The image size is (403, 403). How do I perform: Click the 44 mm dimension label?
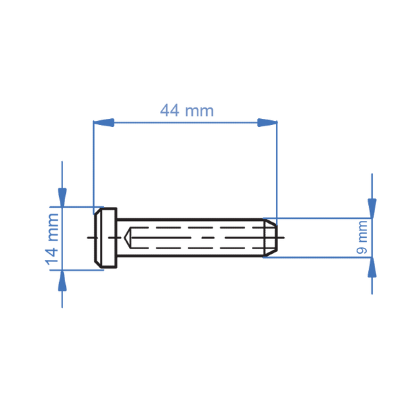tap(187, 111)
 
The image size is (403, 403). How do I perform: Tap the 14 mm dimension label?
tap(52, 239)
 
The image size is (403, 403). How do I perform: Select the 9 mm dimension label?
tap(362, 237)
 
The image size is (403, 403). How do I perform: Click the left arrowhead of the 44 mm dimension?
tap(103, 123)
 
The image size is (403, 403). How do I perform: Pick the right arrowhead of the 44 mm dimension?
tap(267, 123)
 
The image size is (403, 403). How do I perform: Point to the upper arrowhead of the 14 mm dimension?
tap(62, 197)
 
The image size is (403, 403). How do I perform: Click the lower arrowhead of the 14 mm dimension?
tap(62, 280)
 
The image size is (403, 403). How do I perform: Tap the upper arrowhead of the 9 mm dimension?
tap(372, 208)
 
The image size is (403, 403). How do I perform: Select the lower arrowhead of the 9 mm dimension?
tap(372, 267)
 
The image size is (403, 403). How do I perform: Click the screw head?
tap(106, 238)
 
